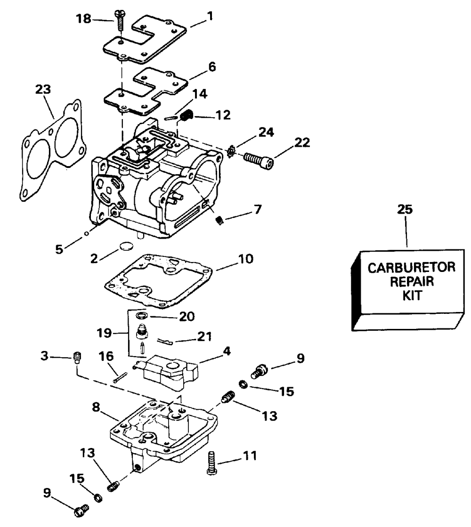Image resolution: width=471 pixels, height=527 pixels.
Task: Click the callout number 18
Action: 83,18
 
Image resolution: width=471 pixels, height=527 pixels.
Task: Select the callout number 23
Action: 43,89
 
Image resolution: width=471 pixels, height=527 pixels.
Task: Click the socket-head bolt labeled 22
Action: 259,160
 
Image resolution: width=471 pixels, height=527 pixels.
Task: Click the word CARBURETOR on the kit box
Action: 412,268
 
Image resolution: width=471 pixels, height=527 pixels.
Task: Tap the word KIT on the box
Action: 412,296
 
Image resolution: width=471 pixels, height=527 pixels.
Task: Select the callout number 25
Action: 405,209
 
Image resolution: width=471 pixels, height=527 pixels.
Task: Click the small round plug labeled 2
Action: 126,246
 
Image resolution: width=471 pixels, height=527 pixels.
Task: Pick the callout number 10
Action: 245,259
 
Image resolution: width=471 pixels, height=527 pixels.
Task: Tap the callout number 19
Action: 104,333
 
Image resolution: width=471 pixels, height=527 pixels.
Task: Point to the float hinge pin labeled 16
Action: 120,377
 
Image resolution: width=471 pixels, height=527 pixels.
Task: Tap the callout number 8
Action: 96,407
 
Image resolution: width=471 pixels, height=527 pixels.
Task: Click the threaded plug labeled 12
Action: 186,117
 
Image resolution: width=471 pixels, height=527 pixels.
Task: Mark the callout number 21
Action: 204,336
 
